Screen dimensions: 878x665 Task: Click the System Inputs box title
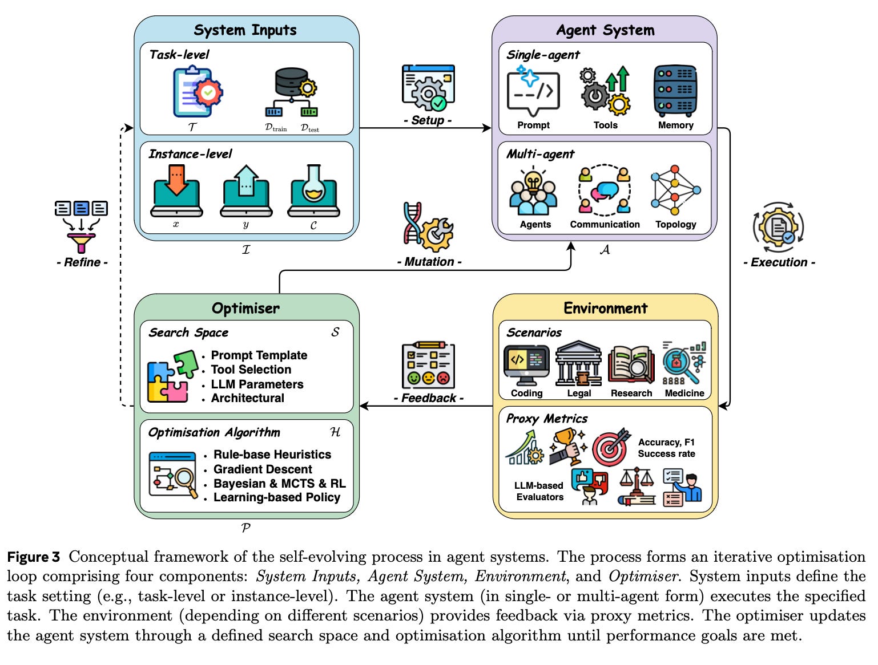(x=245, y=30)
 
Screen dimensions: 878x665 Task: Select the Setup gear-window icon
(x=428, y=88)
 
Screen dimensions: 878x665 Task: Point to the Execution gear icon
(x=778, y=227)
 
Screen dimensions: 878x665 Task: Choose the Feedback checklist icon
(x=428, y=364)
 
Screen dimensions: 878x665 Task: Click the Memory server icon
(x=675, y=91)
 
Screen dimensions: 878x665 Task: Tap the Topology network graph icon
(x=675, y=190)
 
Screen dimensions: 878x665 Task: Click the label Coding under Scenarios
(x=526, y=394)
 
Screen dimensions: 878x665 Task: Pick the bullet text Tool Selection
(x=251, y=369)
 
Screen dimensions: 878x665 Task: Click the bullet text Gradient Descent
(x=263, y=469)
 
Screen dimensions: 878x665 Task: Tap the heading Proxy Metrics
(x=546, y=419)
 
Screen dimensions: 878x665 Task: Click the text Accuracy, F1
(x=666, y=442)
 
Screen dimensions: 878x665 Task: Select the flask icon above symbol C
(x=313, y=190)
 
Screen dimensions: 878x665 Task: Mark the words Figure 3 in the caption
(x=34, y=557)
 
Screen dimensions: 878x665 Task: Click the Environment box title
(x=605, y=308)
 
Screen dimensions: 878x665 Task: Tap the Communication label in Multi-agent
(x=605, y=224)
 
